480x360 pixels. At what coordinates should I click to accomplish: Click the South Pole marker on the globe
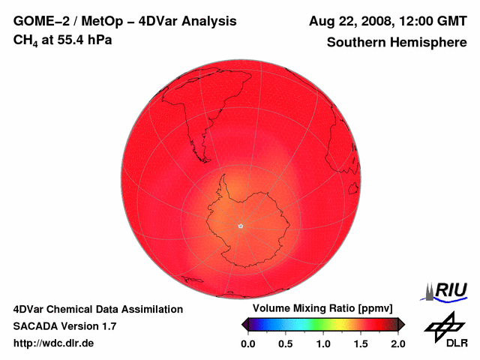(240, 226)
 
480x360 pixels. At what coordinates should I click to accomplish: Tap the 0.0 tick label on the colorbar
(247, 343)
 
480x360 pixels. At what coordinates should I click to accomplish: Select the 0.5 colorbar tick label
(286, 343)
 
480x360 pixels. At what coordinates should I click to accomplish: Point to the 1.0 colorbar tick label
(323, 343)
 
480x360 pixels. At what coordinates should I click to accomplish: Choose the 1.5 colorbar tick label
(361, 343)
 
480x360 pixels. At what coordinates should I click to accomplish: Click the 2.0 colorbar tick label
(398, 343)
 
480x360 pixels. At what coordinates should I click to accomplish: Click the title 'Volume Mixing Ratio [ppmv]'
(318, 309)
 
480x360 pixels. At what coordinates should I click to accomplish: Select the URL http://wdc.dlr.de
(55, 343)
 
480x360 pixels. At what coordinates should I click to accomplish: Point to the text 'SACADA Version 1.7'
(65, 326)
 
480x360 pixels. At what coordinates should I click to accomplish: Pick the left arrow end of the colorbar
(244, 324)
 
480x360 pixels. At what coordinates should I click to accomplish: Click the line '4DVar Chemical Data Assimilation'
(98, 309)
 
